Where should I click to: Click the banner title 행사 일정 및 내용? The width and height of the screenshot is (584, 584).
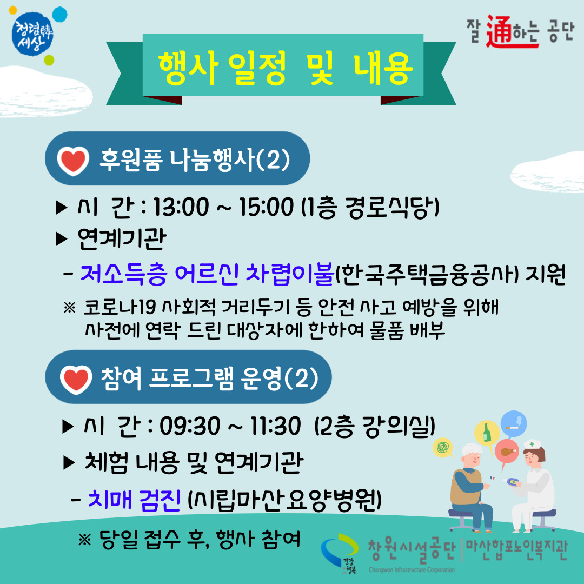[x=286, y=68]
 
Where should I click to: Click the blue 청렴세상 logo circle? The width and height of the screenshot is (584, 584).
[x=33, y=34]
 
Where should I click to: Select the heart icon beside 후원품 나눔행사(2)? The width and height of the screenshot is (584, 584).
[x=73, y=161]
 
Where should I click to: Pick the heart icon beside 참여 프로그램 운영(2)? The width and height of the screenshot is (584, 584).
[x=76, y=379]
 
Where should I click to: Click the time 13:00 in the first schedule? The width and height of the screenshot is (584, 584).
[x=181, y=207]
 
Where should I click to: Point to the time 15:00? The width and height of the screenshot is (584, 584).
[x=266, y=207]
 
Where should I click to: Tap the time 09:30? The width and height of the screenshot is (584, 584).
[x=190, y=426]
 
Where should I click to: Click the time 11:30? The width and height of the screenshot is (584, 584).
[x=275, y=426]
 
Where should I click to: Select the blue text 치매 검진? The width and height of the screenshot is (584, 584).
[x=135, y=500]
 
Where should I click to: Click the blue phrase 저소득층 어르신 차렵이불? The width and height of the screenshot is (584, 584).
[x=207, y=274]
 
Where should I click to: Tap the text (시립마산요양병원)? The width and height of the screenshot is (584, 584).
[x=285, y=500]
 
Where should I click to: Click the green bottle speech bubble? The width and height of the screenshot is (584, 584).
[x=487, y=433]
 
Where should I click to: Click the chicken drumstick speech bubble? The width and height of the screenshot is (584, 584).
[x=507, y=452]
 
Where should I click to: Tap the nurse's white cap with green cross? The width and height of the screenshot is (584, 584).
[x=532, y=444]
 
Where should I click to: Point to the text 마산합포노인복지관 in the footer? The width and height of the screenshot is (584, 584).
[x=516, y=550]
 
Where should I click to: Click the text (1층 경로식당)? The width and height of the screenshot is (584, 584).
[x=370, y=208]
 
